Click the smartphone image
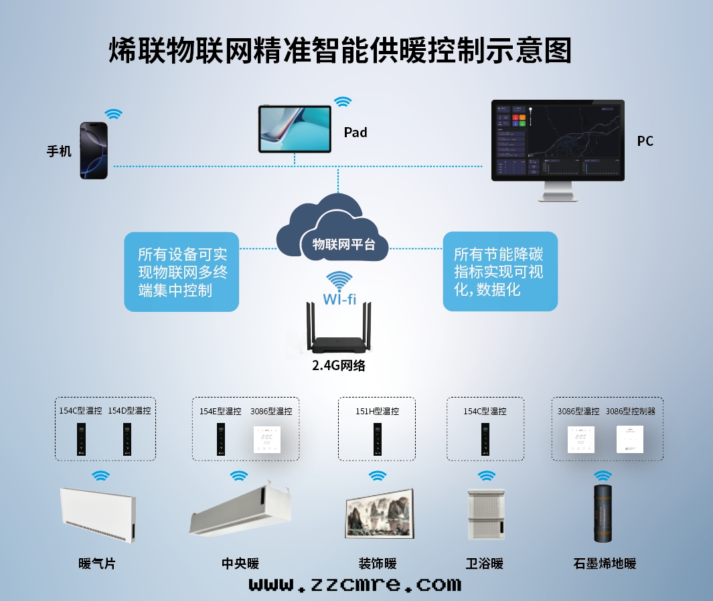coord(94,151)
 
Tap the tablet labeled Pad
coord(295,128)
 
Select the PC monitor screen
coord(558,140)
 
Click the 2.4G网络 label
coord(339,365)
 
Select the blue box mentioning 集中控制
coord(181,272)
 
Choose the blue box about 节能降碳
coord(500,272)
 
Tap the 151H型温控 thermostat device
coord(377,439)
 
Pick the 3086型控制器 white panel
coord(629,439)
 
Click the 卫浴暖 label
coord(484,564)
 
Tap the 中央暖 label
coord(240,564)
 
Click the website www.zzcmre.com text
coord(355,584)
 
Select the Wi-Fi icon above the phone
coord(112,114)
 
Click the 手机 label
coord(59,151)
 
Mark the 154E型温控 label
coord(220,411)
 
